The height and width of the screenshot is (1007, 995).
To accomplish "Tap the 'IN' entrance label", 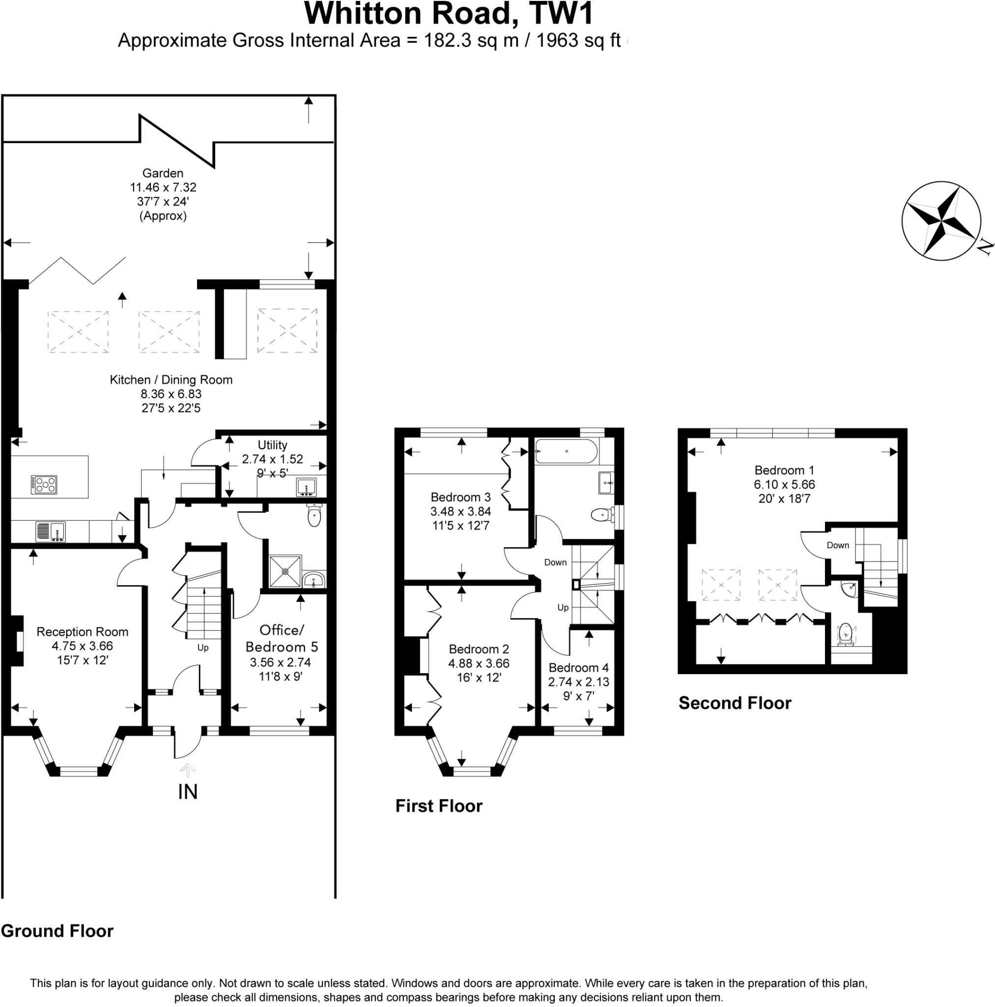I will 188,792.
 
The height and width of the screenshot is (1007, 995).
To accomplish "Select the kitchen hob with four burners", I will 44,485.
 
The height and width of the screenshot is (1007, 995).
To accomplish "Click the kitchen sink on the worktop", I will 50,531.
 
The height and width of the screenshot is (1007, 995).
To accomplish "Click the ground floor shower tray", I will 285,571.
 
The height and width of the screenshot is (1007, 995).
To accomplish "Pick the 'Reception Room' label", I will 83,632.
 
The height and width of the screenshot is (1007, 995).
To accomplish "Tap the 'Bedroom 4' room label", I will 578,668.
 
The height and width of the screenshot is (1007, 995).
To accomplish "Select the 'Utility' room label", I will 272,445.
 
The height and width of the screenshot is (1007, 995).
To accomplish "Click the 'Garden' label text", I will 163,173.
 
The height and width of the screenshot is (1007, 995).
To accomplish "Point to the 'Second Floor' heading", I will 735,703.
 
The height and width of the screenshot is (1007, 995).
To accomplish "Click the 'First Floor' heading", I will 439,806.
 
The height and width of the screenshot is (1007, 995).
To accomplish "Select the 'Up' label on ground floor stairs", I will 202,648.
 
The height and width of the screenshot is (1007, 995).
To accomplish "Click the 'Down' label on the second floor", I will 838,545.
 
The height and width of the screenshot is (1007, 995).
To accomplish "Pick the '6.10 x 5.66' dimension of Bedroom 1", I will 784,484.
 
